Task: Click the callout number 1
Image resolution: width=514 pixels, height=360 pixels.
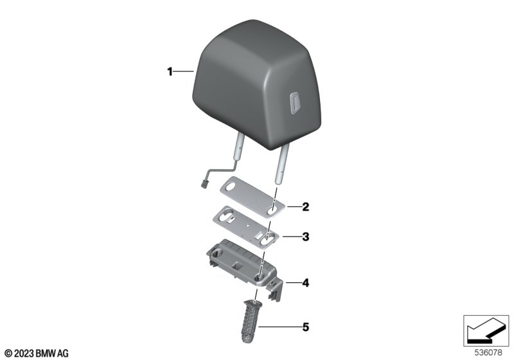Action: click(170, 71)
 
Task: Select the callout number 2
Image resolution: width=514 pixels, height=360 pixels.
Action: click(306, 207)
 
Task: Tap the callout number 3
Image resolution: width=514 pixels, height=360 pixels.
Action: click(306, 237)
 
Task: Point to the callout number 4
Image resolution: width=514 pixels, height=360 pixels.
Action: click(306, 283)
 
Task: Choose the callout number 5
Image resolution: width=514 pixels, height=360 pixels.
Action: click(306, 327)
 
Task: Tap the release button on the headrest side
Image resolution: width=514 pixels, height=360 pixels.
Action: click(296, 103)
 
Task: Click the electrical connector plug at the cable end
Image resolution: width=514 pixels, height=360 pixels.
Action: click(204, 185)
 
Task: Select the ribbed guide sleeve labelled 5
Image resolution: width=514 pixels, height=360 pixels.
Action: click(250, 321)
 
